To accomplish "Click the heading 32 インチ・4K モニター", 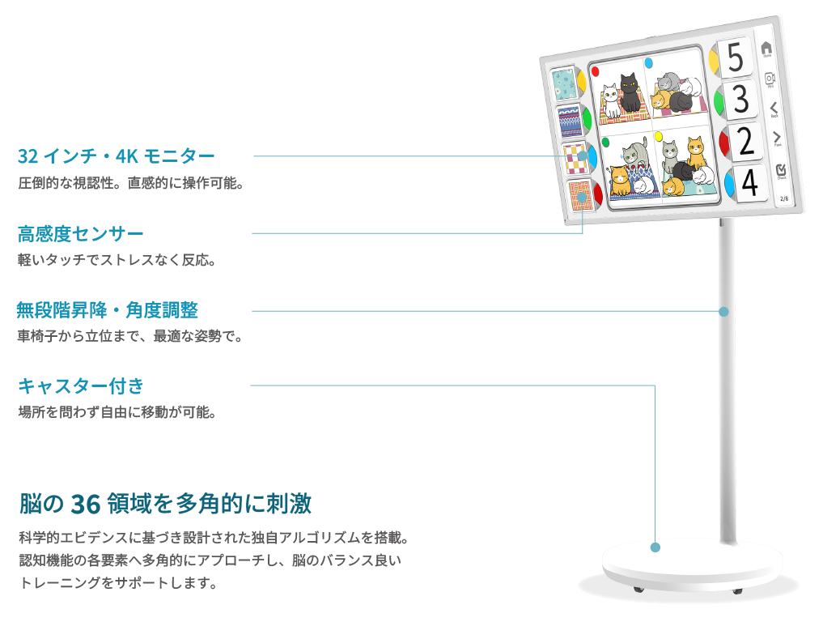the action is pyautogui.click(x=116, y=156).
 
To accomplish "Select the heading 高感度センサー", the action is pyautogui.click(x=80, y=234).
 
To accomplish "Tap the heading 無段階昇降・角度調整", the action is pyautogui.click(x=107, y=310).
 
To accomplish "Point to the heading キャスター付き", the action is pyautogui.click(x=81, y=386).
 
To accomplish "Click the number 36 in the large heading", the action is pyautogui.click(x=85, y=505).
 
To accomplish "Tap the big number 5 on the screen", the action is pyautogui.click(x=736, y=57).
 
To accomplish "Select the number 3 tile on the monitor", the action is pyautogui.click(x=740, y=99).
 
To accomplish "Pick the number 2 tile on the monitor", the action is pyautogui.click(x=745, y=141).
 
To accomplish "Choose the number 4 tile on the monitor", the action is pyautogui.click(x=749, y=183).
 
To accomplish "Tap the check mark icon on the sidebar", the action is pyautogui.click(x=781, y=170).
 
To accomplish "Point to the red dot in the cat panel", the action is pyautogui.click(x=596, y=71).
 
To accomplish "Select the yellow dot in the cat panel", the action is pyautogui.click(x=659, y=137).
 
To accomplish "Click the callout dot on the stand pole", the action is pyautogui.click(x=723, y=312).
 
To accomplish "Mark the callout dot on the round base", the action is pyautogui.click(x=655, y=547).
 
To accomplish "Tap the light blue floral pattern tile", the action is pyautogui.click(x=564, y=83).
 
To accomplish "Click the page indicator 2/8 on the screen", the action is pyautogui.click(x=784, y=198).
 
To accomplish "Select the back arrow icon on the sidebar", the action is pyautogui.click(x=774, y=109).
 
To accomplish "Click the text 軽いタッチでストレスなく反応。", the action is pyautogui.click(x=117, y=260).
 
